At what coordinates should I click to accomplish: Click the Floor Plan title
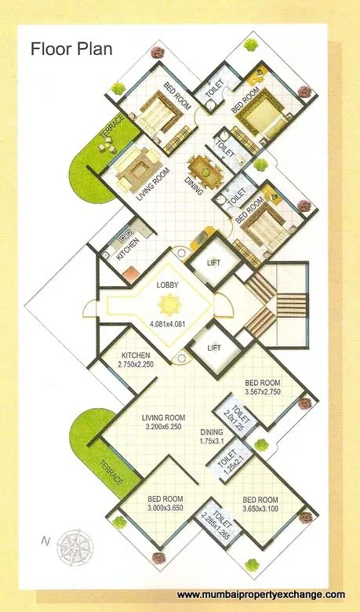coord(71,49)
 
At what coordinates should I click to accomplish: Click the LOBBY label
coord(169,285)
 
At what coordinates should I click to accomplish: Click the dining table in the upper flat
coord(202,167)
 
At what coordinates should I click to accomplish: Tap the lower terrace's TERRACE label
coord(107,478)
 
